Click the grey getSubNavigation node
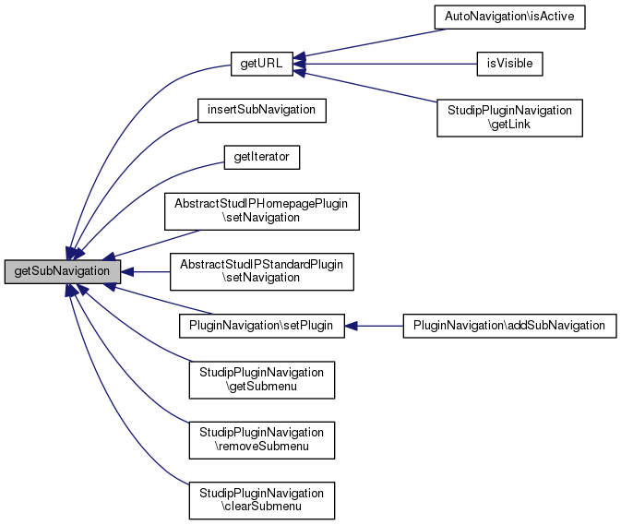pyautogui.click(x=62, y=271)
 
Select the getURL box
pyautogui.click(x=262, y=64)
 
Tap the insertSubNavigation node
pyautogui.click(x=261, y=110)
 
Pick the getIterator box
pyautogui.click(x=261, y=158)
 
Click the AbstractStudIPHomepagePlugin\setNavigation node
pyautogui.click(x=261, y=211)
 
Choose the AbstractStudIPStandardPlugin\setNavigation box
pyautogui.click(x=261, y=271)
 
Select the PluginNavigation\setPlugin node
pyautogui.click(x=261, y=325)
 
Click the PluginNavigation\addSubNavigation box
pyautogui.click(x=508, y=325)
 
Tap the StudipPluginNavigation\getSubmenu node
pyautogui.click(x=261, y=379)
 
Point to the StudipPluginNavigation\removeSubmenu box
pyautogui.click(x=261, y=439)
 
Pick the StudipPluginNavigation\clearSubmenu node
pyautogui.click(x=261, y=499)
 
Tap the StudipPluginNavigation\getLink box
pyautogui.click(x=508, y=117)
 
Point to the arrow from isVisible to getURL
pyautogui.click(x=388, y=64)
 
